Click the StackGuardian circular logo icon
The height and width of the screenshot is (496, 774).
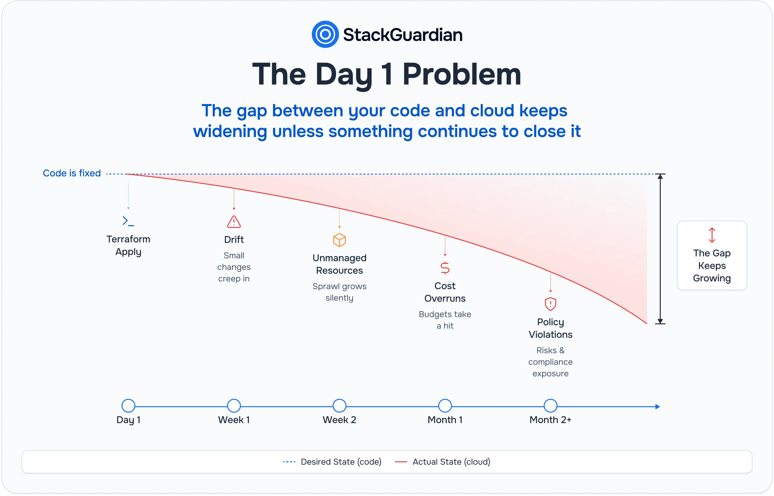pyautogui.click(x=325, y=34)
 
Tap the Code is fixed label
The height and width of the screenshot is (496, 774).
pyautogui.click(x=72, y=173)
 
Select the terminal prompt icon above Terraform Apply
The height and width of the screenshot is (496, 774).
pyautogui.click(x=128, y=221)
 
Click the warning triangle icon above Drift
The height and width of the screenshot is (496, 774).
pyautogui.click(x=234, y=222)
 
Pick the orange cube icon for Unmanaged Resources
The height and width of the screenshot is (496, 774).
pyautogui.click(x=340, y=240)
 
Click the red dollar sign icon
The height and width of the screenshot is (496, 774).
pyautogui.click(x=445, y=268)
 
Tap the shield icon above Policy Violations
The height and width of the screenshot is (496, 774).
pyautogui.click(x=550, y=304)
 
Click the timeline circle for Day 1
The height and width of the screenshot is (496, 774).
pyautogui.click(x=128, y=406)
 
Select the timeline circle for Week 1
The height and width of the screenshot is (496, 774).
pyautogui.click(x=234, y=406)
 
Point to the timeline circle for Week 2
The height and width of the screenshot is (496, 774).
pyautogui.click(x=340, y=406)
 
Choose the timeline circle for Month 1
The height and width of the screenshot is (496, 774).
pyautogui.click(x=445, y=406)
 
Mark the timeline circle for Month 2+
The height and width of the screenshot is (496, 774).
pyautogui.click(x=550, y=406)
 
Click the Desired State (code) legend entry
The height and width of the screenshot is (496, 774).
pyautogui.click(x=332, y=462)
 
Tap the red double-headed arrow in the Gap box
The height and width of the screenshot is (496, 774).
pyautogui.click(x=712, y=235)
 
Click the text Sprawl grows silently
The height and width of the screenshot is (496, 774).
pyautogui.click(x=340, y=292)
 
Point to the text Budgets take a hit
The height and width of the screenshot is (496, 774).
pyautogui.click(x=445, y=320)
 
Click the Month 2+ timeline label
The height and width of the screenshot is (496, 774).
pyautogui.click(x=550, y=420)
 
